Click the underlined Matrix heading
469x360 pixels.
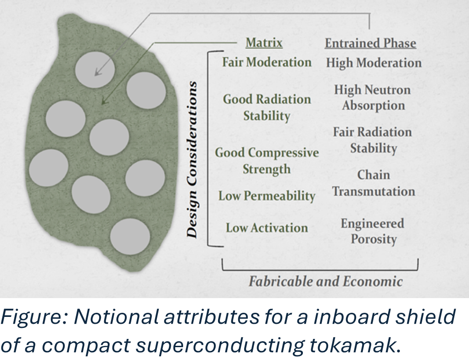coord(264,43)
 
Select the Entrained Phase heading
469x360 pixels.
coord(370,44)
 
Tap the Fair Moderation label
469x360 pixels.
coord(267,62)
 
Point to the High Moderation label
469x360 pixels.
coord(374,63)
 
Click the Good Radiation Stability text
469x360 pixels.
coord(267,107)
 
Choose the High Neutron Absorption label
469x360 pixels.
coord(373,97)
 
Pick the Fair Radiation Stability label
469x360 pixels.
coord(373,140)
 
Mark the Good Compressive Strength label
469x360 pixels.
coord(267,161)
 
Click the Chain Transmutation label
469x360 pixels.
coord(374,183)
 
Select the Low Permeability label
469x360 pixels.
coord(267,196)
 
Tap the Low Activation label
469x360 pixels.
coord(267,227)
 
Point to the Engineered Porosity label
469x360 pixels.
coord(373,231)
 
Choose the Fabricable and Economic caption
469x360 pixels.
coord(325,281)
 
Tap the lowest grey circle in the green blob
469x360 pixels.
coord(129,236)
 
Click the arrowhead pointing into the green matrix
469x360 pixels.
coord(104,101)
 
